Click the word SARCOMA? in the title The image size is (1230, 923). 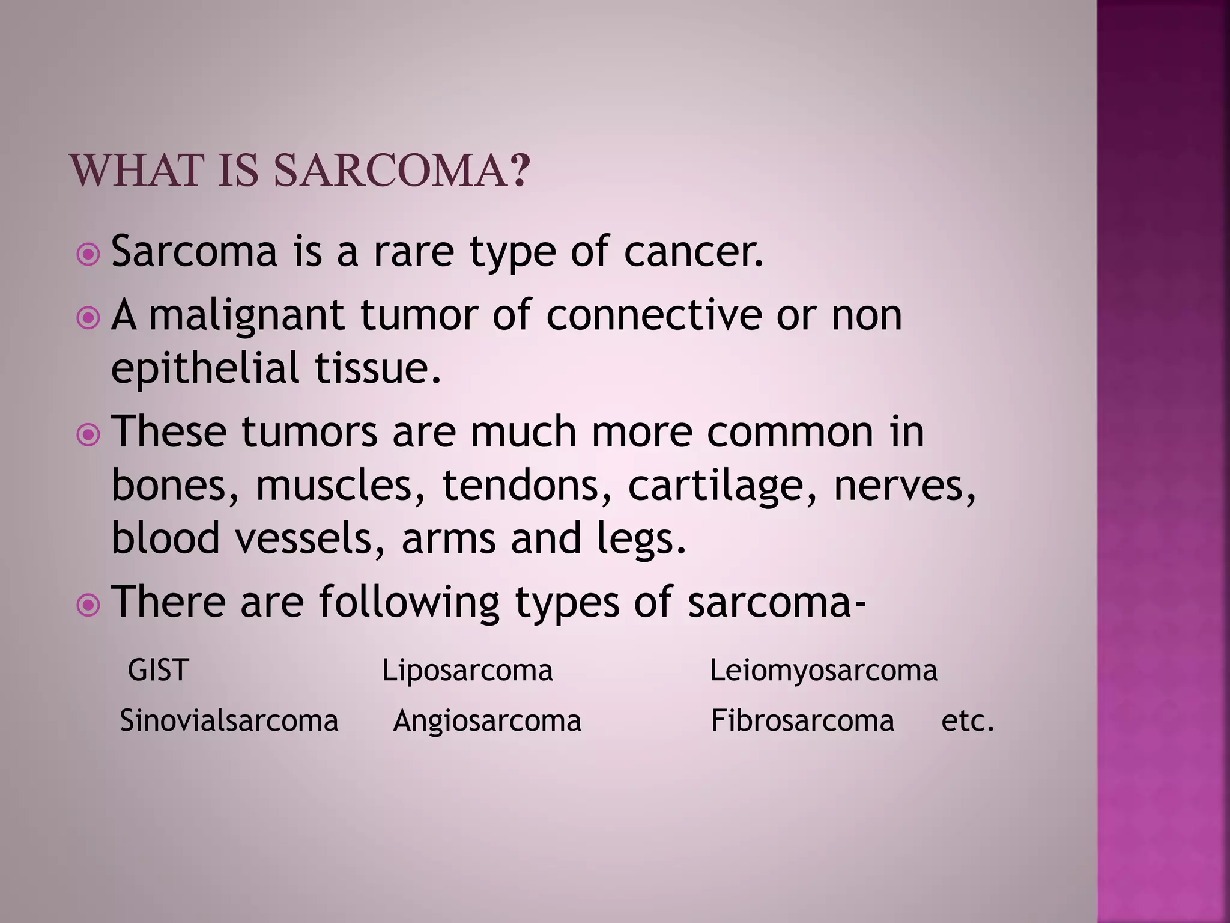402,171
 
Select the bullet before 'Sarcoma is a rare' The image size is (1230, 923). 89,255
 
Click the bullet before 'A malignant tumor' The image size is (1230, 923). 89,318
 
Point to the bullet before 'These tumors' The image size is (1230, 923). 89,435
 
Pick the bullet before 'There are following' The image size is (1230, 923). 89,605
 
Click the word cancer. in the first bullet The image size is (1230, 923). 694,252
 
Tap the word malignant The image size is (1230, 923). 246,316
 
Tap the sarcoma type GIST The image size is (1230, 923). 159,670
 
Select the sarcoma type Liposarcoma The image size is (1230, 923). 467,670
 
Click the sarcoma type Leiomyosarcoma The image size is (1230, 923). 823,670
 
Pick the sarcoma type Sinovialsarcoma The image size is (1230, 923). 229,720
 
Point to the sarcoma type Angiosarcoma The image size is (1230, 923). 487,720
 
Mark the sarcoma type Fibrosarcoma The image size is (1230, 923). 802,720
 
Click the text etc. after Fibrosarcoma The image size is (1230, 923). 968,720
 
